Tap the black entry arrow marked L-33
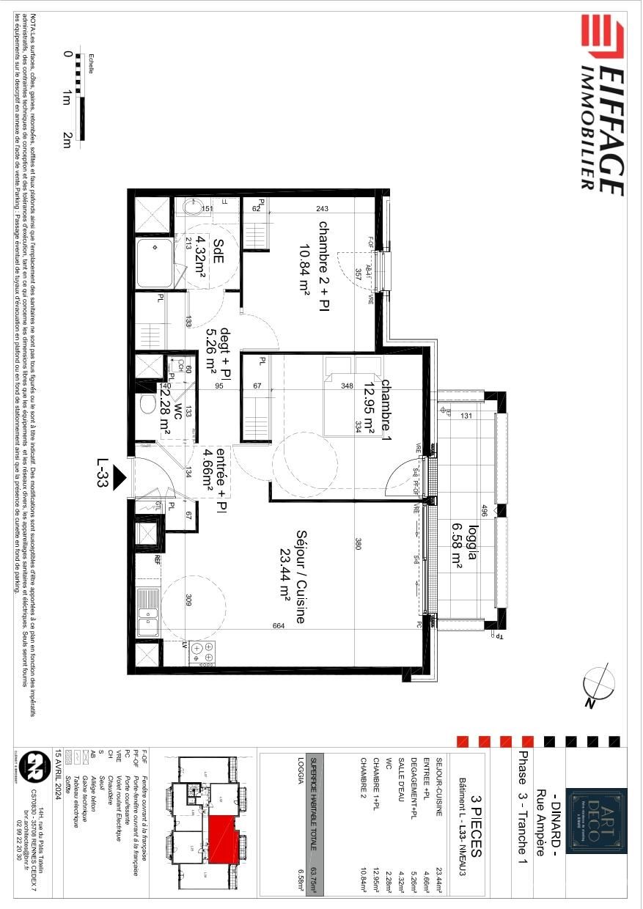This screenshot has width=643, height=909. click(120, 477)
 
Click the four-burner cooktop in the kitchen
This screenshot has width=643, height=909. click(203, 651)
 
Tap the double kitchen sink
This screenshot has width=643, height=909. click(149, 613)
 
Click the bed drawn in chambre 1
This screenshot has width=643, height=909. click(353, 396)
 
